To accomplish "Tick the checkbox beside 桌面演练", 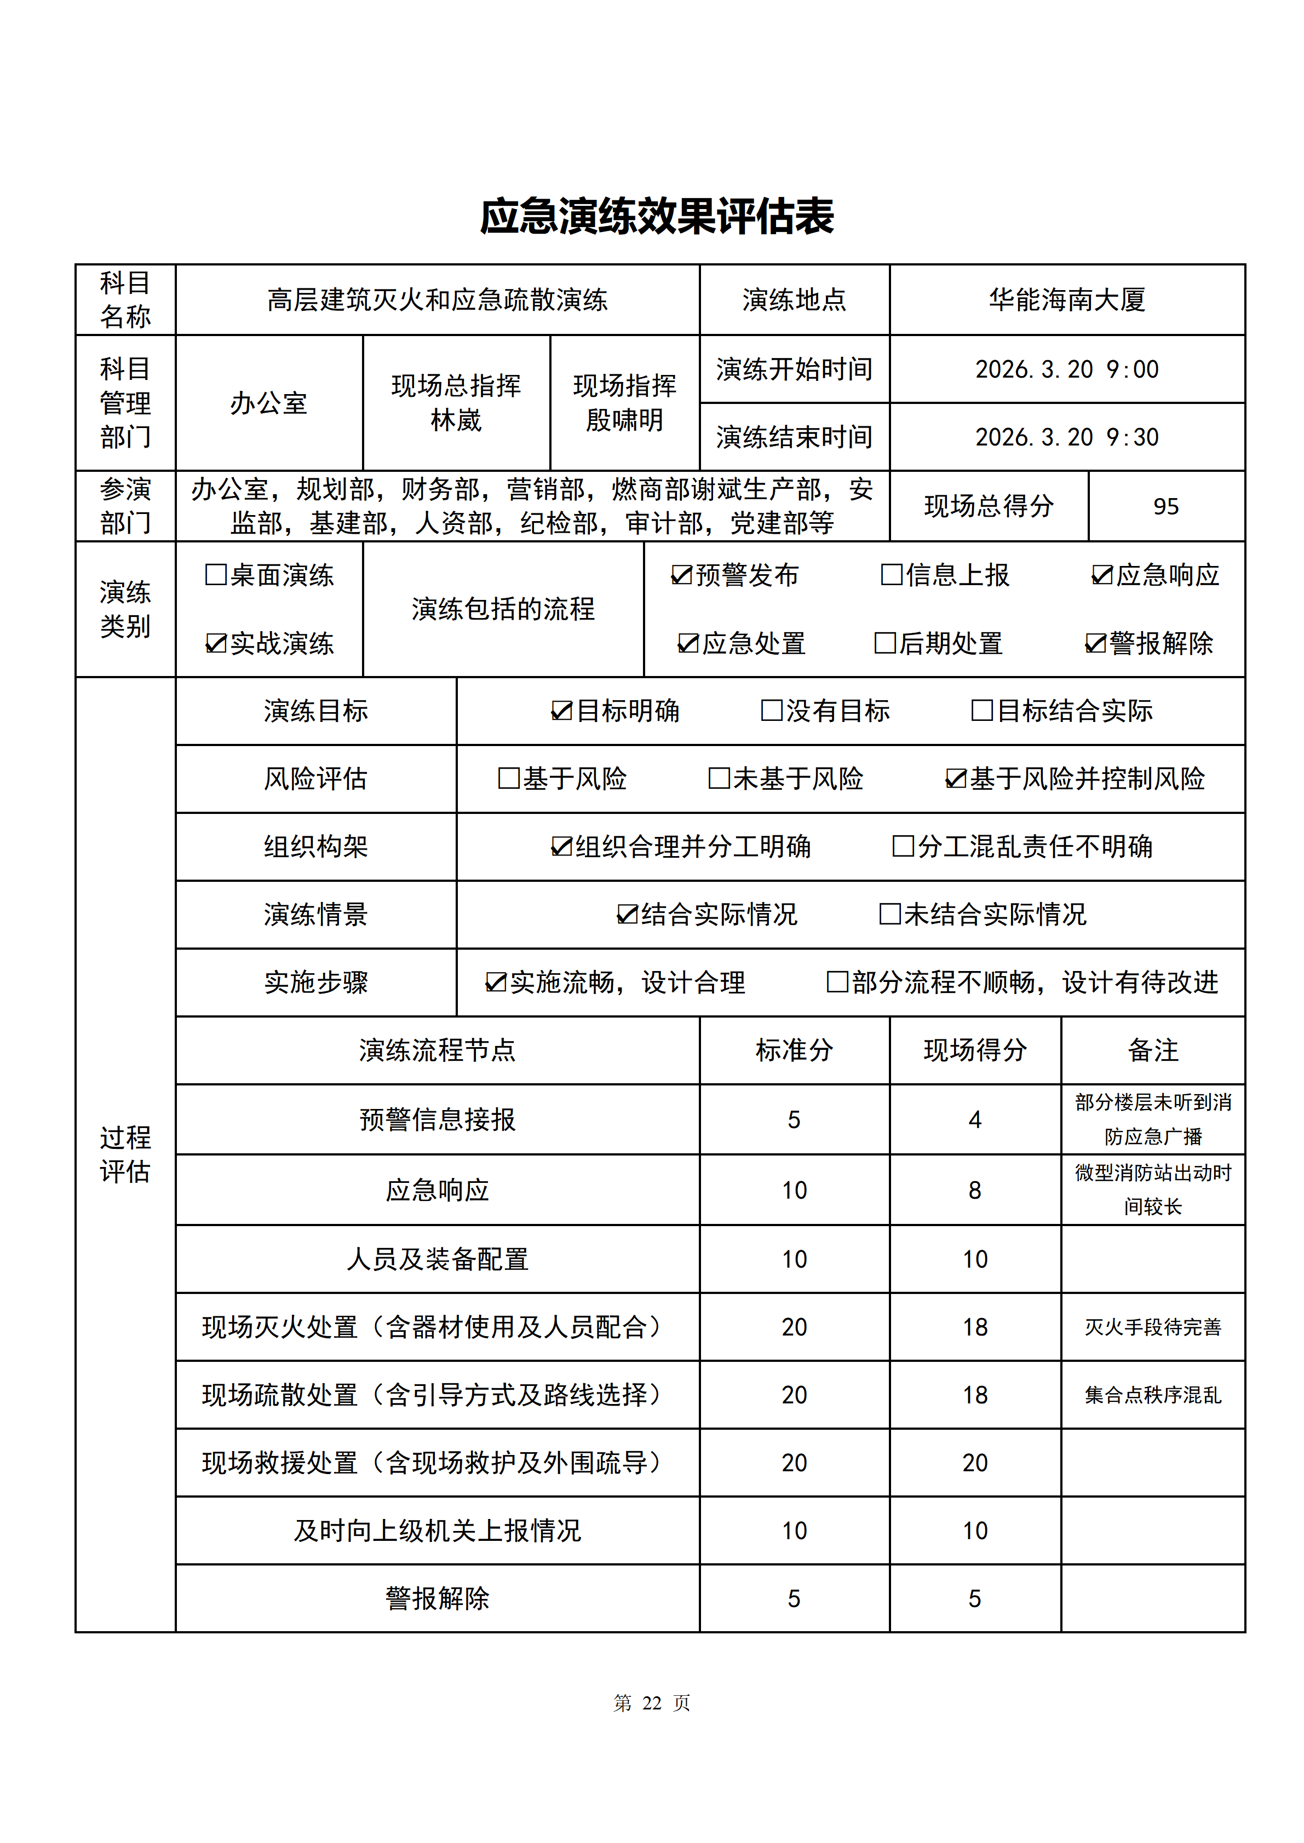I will click(x=216, y=575).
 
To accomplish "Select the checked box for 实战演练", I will click(x=216, y=643).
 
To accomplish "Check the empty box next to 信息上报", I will click(x=891, y=575).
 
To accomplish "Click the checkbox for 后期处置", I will click(x=885, y=643).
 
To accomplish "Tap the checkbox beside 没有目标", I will click(x=772, y=710).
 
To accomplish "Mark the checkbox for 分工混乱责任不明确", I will click(x=903, y=846).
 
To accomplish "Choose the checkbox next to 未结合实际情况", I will click(x=889, y=914).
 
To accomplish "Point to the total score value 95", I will click(x=1166, y=506).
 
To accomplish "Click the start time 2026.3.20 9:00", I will click(x=1066, y=369).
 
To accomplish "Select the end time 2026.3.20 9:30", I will click(x=1066, y=437).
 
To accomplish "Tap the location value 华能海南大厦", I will click(x=1066, y=300).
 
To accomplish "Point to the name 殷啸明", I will click(x=625, y=420).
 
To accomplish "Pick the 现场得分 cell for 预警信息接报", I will click(x=975, y=1120).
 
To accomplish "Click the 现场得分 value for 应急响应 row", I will click(x=975, y=1191).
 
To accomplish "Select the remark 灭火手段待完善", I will click(x=1152, y=1327).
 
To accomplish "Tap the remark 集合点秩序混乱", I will click(x=1152, y=1395).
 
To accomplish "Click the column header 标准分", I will click(x=794, y=1050).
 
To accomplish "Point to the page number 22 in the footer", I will click(x=651, y=1702).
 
